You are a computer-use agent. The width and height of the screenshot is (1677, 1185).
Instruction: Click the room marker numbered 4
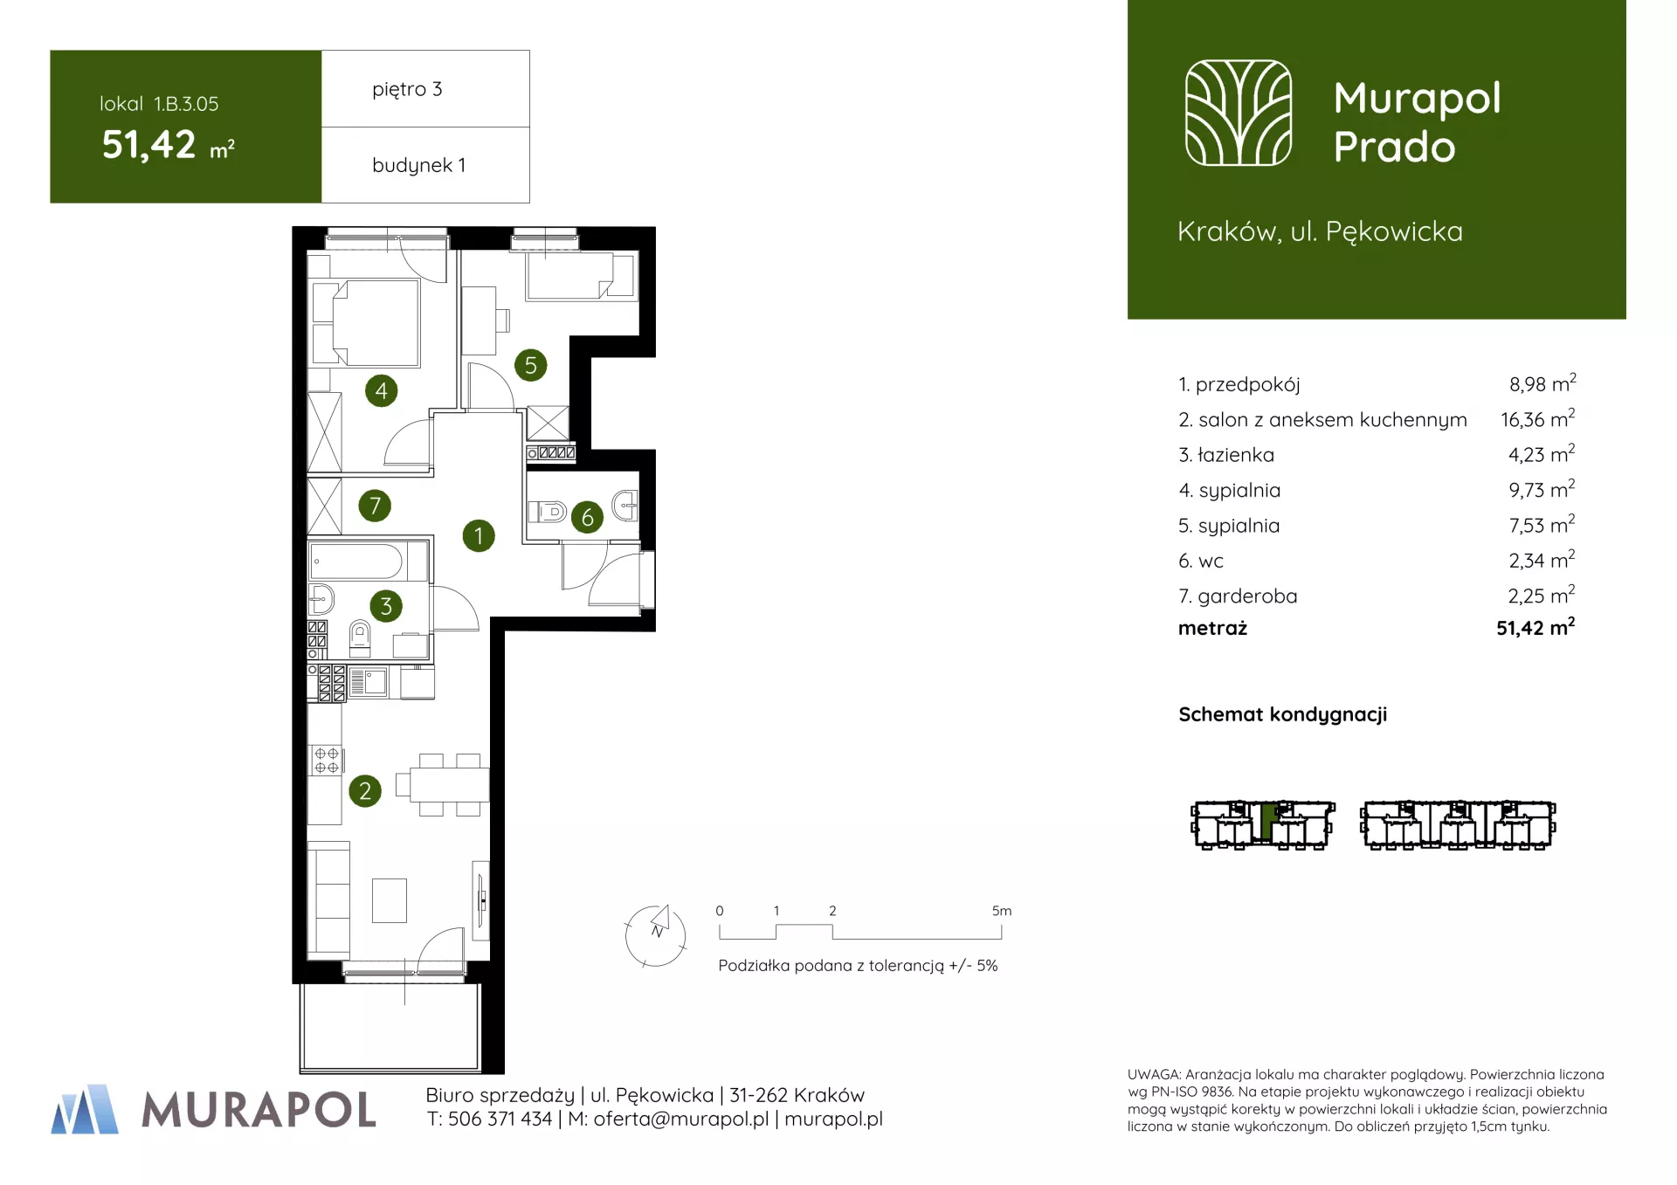pyautogui.click(x=381, y=390)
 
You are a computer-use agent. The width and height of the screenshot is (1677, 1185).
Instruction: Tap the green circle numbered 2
pyautogui.click(x=365, y=791)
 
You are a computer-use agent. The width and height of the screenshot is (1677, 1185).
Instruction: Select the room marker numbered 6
pyautogui.click(x=587, y=517)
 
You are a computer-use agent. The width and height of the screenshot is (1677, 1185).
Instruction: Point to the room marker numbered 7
pyautogui.click(x=375, y=505)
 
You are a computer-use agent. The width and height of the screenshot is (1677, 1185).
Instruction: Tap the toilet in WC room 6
pyautogui.click(x=549, y=511)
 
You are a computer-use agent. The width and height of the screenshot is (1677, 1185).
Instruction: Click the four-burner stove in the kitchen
pyautogui.click(x=326, y=761)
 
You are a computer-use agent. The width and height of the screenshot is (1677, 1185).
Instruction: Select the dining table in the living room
pyautogui.click(x=449, y=784)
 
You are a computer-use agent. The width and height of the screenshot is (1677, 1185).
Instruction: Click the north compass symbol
pyautogui.click(x=656, y=935)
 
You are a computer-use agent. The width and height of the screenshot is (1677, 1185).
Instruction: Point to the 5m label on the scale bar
pyautogui.click(x=1001, y=911)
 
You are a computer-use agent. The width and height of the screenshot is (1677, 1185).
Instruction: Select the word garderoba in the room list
pyautogui.click(x=1247, y=596)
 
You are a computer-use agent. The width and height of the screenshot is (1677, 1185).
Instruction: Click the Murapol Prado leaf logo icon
pyautogui.click(x=1238, y=113)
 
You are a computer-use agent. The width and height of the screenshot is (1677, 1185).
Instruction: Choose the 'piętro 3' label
pyautogui.click(x=407, y=89)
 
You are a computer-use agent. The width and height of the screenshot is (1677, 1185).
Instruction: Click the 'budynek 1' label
pyautogui.click(x=418, y=165)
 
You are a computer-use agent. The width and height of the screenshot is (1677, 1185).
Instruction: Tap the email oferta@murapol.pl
pyautogui.click(x=681, y=1119)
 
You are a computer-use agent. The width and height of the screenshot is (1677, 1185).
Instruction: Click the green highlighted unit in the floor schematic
pyautogui.click(x=1267, y=821)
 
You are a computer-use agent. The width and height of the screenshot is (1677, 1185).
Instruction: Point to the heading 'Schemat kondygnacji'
pyautogui.click(x=1282, y=714)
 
